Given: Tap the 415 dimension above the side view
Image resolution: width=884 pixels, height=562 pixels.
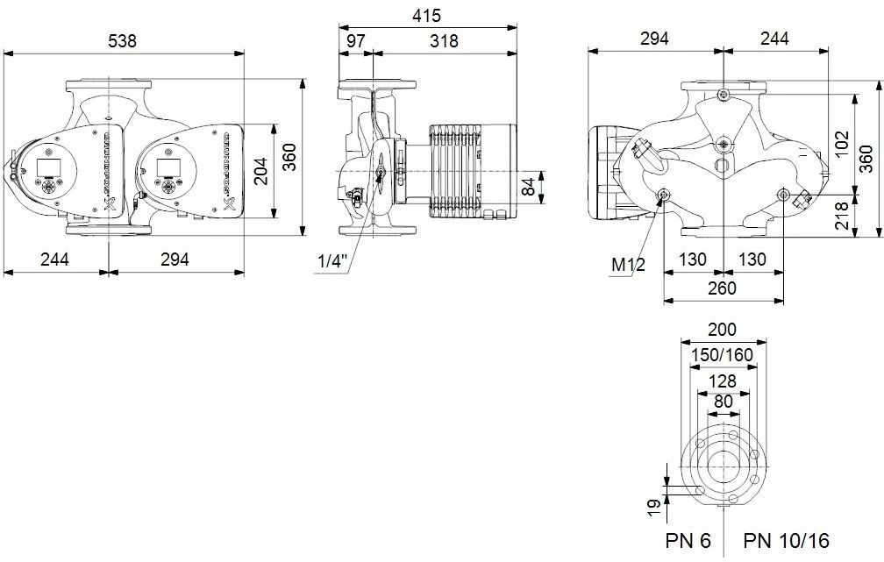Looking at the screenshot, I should coord(426,15).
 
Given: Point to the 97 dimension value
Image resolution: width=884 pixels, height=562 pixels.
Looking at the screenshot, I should coord(355,41).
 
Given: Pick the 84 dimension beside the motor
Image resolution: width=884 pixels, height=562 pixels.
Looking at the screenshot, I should coord(526,186).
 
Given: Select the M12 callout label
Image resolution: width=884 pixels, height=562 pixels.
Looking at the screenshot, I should coord(628,264).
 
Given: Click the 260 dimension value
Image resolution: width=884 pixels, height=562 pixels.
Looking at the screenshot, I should coord(723,288).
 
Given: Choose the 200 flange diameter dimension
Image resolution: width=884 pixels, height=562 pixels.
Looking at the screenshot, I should coord(723,331).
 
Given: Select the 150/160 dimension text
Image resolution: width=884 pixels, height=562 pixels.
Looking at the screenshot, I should coord(723,355).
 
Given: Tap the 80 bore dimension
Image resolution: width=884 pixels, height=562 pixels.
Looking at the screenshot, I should coord(723,402).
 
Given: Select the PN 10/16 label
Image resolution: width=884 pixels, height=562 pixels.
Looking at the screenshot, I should coord(786,539).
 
